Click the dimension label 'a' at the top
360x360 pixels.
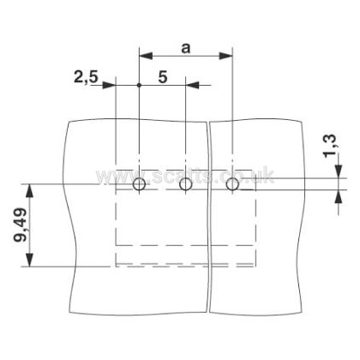[x=185, y=48]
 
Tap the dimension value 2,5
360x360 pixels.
[x=86, y=77]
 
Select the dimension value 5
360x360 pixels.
[x=163, y=77]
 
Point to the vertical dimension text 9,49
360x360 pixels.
[x=21, y=225]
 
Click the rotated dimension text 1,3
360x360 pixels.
[x=330, y=146]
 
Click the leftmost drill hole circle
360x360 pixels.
[x=139, y=184]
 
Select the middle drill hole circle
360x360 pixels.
[x=186, y=184]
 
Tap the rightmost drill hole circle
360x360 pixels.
[x=232, y=184]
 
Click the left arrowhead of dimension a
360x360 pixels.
[x=146, y=56]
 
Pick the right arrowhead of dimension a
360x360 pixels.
[x=226, y=56]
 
